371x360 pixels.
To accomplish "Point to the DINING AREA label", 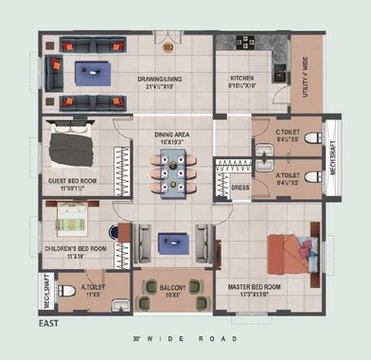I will [173, 138].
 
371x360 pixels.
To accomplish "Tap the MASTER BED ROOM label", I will [255, 288].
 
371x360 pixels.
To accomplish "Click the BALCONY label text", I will [172, 289].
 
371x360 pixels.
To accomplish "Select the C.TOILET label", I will [289, 135].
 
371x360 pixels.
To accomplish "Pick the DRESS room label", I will [240, 187].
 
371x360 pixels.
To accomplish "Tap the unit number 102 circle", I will [168, 45].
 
